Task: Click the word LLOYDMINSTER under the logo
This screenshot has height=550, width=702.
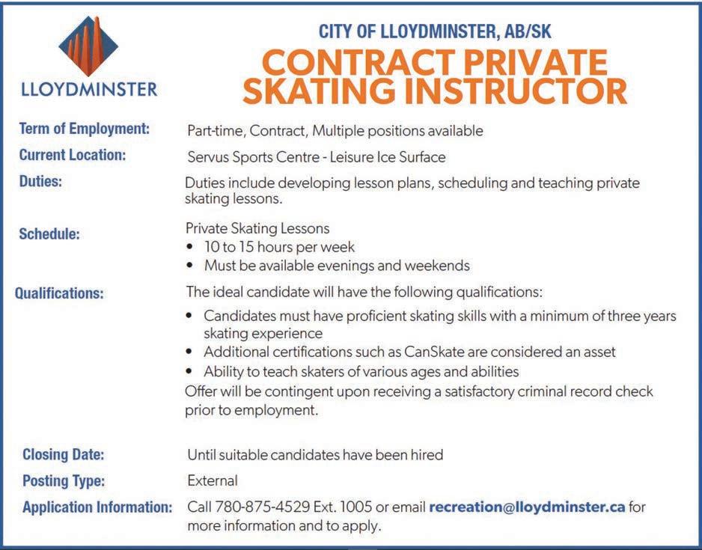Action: [x=89, y=90]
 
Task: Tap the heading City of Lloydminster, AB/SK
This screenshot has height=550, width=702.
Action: [x=435, y=31]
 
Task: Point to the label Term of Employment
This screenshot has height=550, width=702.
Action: [x=85, y=129]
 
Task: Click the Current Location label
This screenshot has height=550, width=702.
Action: [x=73, y=156]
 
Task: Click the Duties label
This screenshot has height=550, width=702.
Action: [x=40, y=182]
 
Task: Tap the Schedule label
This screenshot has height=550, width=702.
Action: [x=49, y=233]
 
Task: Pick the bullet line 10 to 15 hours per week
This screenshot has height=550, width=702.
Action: [x=279, y=247]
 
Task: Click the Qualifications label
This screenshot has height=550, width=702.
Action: [x=60, y=293]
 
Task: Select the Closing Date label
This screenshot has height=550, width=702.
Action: [x=64, y=454]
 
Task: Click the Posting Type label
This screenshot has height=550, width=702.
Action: [x=64, y=480]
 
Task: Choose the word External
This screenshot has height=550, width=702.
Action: [x=213, y=480]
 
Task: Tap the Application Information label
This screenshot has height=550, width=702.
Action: [x=98, y=507]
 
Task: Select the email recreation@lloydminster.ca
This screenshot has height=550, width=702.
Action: [x=527, y=507]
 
